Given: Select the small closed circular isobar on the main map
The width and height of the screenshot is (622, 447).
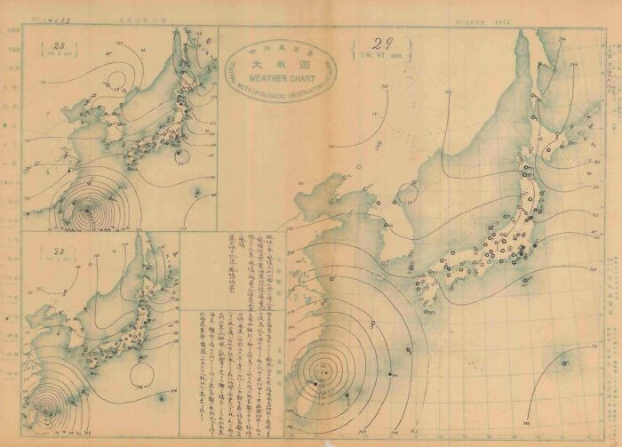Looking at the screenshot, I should [x=409, y=191].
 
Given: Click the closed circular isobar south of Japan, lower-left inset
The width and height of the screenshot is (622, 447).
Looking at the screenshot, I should [x=140, y=360].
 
